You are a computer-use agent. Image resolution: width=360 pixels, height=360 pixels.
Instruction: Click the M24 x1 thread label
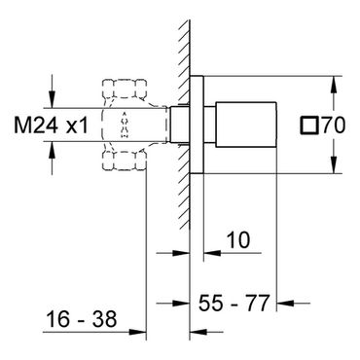tap(51, 126)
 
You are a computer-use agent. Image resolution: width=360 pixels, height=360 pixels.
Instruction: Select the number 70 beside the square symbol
tap(334, 126)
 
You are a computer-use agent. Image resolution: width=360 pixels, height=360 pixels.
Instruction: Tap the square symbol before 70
tap(308, 126)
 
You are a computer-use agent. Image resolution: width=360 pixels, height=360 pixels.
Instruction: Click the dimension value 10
tap(238, 240)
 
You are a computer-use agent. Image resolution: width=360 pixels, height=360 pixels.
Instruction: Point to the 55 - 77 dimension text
tap(234, 303)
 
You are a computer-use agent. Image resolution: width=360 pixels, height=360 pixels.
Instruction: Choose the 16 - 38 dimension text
tap(82, 318)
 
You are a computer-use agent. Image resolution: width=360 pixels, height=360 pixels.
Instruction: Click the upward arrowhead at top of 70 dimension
tap(335, 85)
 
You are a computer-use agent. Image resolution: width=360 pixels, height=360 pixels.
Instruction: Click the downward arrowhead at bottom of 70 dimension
tap(335, 164)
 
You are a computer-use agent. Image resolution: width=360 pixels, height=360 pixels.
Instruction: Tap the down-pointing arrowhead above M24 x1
tap(52, 99)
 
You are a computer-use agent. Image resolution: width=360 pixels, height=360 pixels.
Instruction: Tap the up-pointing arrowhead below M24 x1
tap(52, 150)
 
